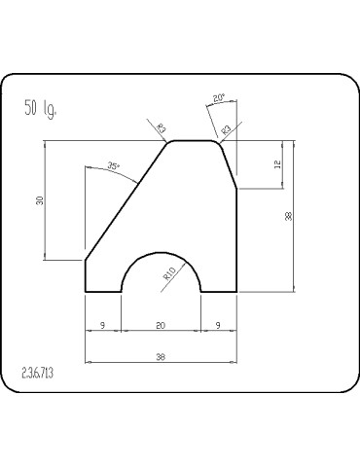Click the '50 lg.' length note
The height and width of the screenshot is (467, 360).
[x=40, y=107]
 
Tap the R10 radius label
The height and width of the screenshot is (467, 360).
[x=169, y=274]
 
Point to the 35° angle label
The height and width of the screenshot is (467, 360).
[x=114, y=166]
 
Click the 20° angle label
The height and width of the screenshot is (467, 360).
[x=219, y=97]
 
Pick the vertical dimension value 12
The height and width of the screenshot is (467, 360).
[x=277, y=165]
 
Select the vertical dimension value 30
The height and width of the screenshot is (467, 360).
[x=40, y=200]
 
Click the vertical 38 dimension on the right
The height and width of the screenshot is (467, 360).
[x=289, y=216]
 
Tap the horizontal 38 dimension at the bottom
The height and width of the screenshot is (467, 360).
[x=161, y=357]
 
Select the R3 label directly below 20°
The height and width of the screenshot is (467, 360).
[x=226, y=127]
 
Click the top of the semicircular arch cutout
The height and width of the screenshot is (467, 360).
[x=161, y=251]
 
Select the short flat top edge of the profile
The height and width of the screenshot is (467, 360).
[x=195, y=141]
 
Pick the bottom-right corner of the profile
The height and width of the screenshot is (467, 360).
[x=236, y=291]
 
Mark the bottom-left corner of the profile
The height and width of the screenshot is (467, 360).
[x=87, y=291]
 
